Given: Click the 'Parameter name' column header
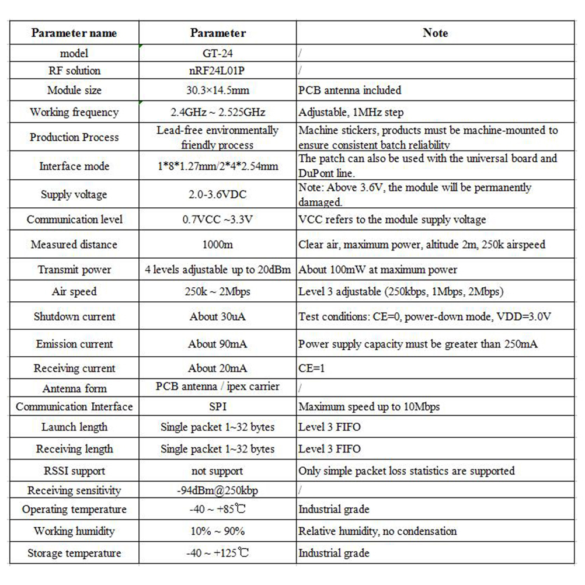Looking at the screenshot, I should [74, 33].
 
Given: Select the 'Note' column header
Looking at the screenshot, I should [435, 33].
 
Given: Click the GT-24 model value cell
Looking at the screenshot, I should [217, 53].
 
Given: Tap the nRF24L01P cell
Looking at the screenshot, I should [217, 71].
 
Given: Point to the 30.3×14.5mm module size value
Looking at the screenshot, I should [217, 90].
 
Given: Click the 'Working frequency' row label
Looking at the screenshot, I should [74, 112].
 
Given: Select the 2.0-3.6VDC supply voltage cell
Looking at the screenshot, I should [217, 194].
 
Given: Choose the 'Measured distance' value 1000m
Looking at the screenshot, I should [217, 245].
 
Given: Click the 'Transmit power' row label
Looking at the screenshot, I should [74, 270].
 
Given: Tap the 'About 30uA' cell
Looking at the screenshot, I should [217, 316].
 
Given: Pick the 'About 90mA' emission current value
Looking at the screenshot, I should [217, 344].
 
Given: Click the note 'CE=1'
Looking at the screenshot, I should [309, 368].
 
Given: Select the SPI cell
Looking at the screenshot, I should [217, 406].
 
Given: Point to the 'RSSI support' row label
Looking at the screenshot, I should [74, 471].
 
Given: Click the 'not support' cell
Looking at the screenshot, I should [217, 471].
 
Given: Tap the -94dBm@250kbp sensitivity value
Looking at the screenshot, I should [217, 490].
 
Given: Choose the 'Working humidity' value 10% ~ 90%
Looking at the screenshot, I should [217, 531].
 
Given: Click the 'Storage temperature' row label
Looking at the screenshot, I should [74, 553].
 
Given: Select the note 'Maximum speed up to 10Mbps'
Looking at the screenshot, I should [369, 406].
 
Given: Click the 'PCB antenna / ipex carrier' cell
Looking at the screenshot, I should [217, 386].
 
